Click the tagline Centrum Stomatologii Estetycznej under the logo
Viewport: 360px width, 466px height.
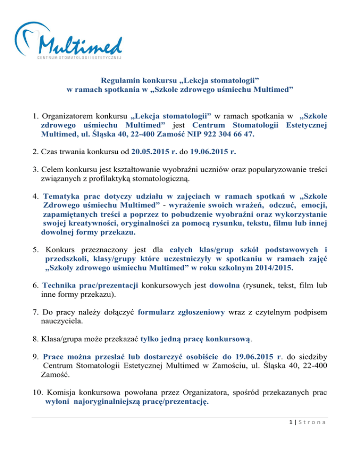79,58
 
